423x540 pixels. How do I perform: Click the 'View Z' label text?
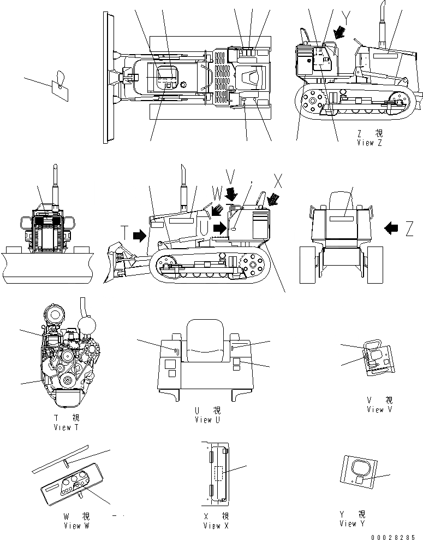[x=373, y=143]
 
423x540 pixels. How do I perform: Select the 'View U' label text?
[x=207, y=420]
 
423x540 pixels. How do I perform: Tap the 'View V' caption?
[x=379, y=409]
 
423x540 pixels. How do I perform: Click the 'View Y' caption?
[x=352, y=524]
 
